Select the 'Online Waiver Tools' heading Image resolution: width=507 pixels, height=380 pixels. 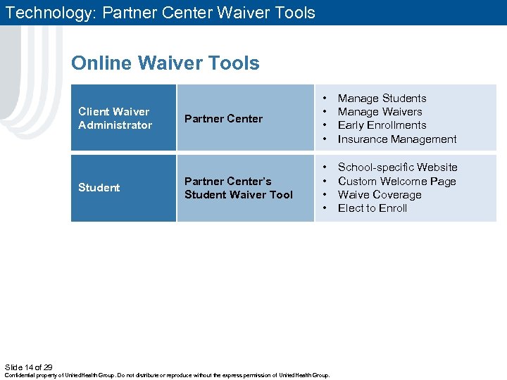tap(165, 63)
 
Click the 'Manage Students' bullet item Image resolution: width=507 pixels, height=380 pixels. tap(382, 99)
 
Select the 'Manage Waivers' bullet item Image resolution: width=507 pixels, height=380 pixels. tap(380, 112)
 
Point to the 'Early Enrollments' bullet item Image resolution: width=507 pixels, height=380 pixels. tap(382, 125)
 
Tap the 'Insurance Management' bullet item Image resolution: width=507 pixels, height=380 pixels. tap(397, 139)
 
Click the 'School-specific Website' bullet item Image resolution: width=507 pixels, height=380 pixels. tap(397, 167)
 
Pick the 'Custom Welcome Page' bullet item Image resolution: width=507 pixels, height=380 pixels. tap(396, 182)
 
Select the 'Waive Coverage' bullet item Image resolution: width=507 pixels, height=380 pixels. tap(380, 195)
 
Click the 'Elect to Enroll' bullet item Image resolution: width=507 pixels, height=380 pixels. tap(373, 208)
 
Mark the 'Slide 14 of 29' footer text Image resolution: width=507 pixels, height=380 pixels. tap(28, 367)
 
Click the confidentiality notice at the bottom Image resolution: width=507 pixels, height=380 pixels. tap(167, 376)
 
